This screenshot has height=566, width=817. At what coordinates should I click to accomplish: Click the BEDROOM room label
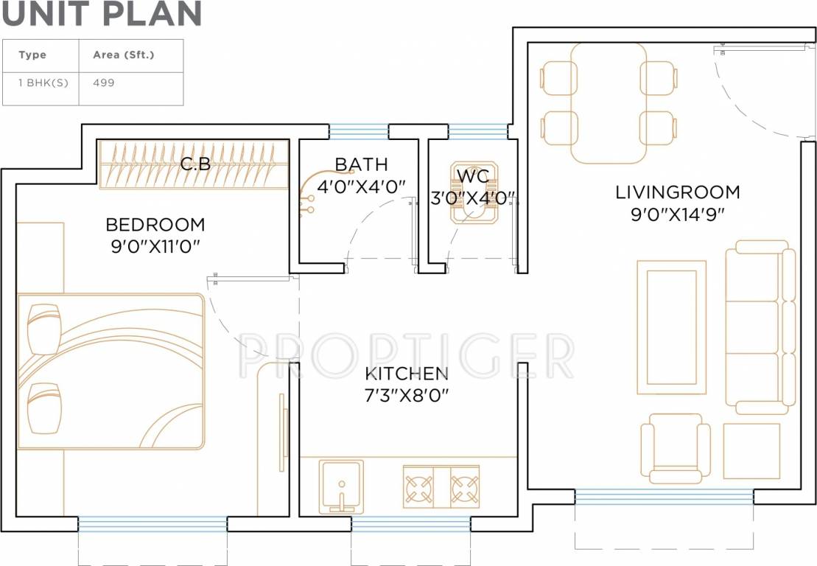155,224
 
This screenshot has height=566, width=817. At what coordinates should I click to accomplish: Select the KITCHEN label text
406,374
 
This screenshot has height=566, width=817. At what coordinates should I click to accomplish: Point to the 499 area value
104,83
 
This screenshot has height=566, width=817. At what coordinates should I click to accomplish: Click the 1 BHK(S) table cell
43,83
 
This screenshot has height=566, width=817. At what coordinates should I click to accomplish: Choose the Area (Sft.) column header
124,55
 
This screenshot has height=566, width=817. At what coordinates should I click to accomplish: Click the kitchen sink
340,484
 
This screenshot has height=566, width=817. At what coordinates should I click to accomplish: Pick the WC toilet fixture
475,193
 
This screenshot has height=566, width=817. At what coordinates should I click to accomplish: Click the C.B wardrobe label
195,164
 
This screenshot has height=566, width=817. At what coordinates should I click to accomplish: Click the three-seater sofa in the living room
760,326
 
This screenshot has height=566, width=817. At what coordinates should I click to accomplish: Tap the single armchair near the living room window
675,449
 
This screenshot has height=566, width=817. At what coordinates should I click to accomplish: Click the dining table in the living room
609,103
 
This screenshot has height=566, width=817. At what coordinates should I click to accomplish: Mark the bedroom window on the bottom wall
152,524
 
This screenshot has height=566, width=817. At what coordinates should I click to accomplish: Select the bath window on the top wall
359,131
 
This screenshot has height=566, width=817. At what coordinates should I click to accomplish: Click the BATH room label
361,164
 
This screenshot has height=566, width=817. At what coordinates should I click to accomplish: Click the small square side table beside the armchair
751,450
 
